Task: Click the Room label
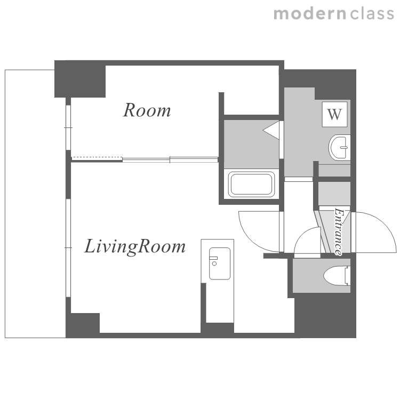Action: (x=147, y=110)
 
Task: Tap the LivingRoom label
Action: (x=135, y=246)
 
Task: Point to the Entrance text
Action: (x=339, y=231)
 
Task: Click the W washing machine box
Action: (x=334, y=114)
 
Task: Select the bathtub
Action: (x=251, y=184)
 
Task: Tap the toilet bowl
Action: (x=334, y=276)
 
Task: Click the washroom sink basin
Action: (x=339, y=147)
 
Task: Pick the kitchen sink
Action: (x=220, y=263)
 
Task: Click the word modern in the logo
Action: (x=310, y=14)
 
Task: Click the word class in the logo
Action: (x=372, y=14)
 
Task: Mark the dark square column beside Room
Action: (x=80, y=79)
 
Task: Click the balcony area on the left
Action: (x=35, y=204)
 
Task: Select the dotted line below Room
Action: (x=97, y=157)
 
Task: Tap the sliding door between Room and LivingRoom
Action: (x=170, y=159)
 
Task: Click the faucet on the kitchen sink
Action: (x=213, y=260)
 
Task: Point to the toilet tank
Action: (x=347, y=276)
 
